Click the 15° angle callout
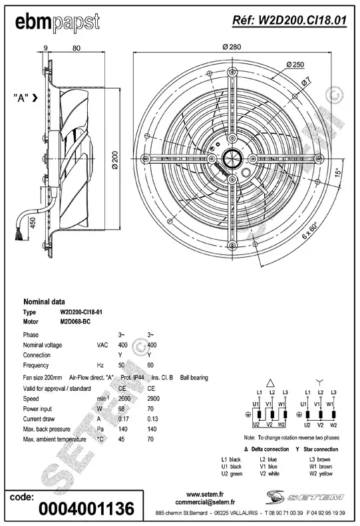(x=339, y=172)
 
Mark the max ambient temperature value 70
(x=152, y=440)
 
